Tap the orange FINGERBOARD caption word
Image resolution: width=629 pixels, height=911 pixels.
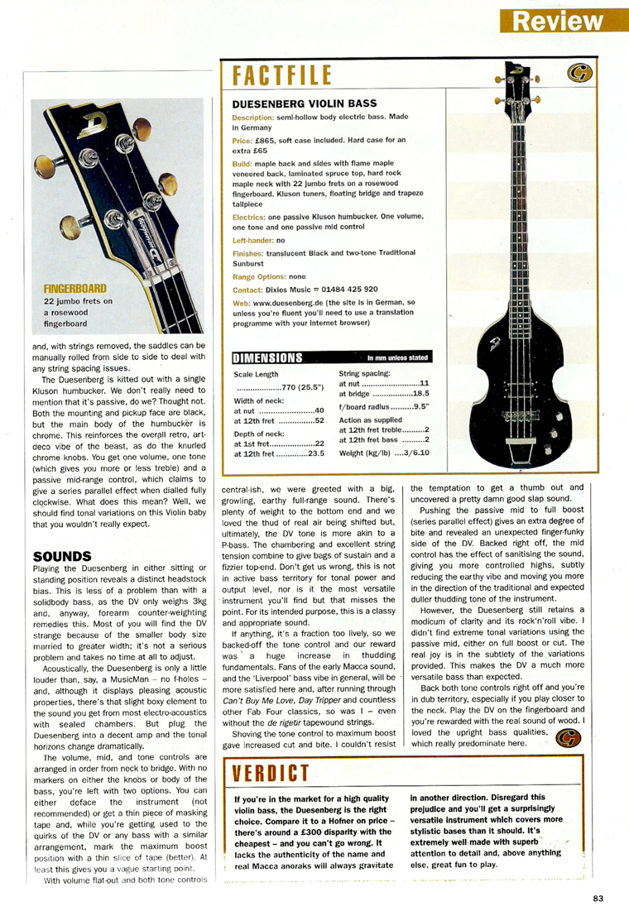click(x=75, y=289)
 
